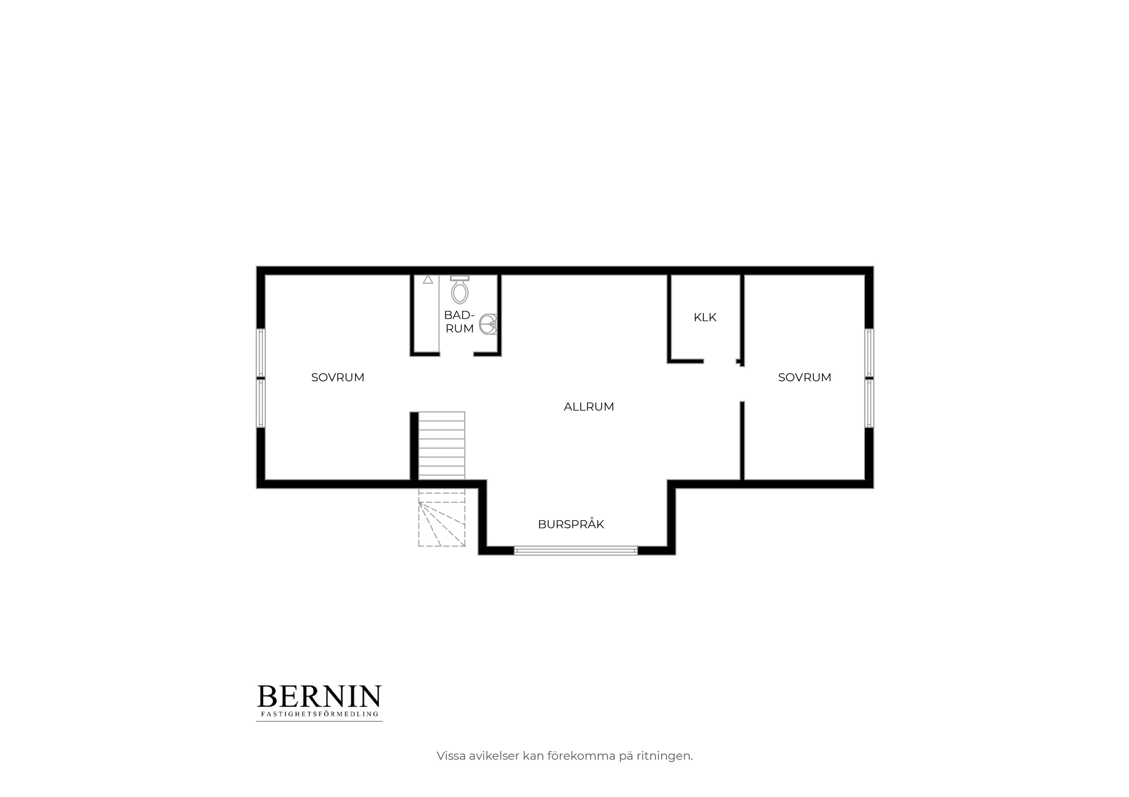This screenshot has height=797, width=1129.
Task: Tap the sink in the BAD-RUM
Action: coord(488,324)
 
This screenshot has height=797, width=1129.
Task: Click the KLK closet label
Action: coord(705,317)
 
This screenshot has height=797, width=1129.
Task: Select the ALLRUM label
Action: coord(589,407)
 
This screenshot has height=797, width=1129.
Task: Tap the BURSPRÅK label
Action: coord(571,524)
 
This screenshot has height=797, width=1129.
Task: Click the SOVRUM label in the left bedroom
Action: coord(338,377)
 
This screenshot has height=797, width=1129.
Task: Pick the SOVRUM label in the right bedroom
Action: coord(804,377)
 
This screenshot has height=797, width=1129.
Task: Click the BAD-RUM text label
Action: coord(459,322)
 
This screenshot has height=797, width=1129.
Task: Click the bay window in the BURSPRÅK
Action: coord(576,551)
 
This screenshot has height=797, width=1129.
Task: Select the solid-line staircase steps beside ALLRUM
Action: coord(442,446)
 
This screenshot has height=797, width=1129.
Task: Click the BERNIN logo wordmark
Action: coord(319,697)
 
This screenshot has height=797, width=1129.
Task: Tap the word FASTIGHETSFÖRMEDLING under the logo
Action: coord(319,714)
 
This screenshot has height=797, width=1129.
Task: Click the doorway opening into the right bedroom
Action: coord(742,384)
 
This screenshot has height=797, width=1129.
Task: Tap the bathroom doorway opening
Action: coord(456,354)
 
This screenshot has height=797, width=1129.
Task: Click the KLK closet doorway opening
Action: coord(720,361)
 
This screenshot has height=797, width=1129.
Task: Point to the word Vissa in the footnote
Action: coord(451,756)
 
